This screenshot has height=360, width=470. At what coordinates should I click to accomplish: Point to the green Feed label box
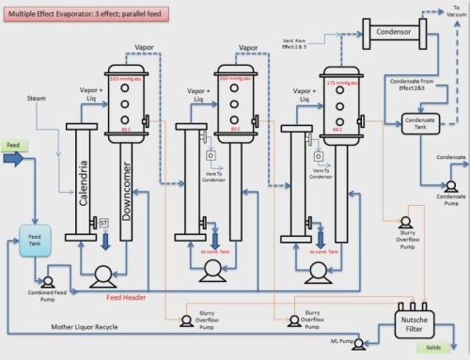pyautogui.click(x=13, y=147)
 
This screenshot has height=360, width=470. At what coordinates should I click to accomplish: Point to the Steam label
pyautogui.click(x=37, y=97)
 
